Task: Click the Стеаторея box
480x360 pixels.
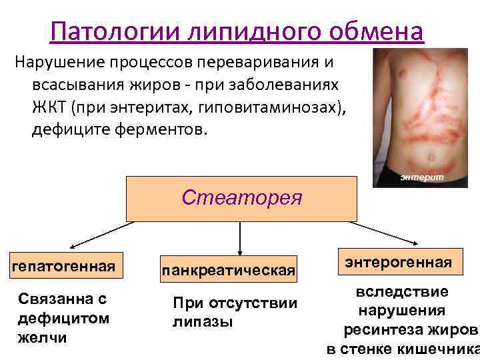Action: point(241,198)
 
